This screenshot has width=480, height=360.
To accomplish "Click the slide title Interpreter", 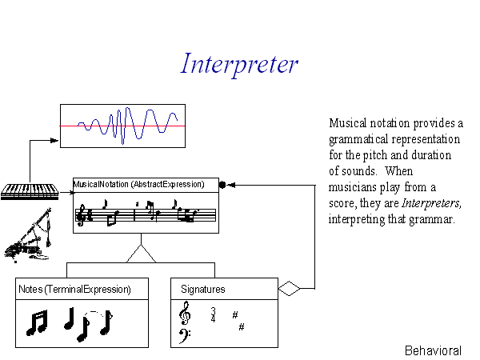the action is coord(239,65).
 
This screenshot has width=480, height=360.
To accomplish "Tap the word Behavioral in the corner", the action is coord(433,351).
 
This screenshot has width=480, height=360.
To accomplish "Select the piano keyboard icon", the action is coord(30,192).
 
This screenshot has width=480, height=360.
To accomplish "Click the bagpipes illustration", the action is coord(28,235).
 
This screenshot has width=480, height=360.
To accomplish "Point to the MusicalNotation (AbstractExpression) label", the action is coord(138,184).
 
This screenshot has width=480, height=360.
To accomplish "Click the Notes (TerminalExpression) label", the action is coord(74,290).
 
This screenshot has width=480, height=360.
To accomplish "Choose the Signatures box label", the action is coord(203,290).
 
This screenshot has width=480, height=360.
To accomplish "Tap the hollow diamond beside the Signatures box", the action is coord(290,288).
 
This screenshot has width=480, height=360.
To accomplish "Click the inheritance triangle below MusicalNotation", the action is coord(141,254).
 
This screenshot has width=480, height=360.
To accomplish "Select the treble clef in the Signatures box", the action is coord(185,313).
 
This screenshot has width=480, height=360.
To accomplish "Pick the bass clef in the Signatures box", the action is coord(184,336).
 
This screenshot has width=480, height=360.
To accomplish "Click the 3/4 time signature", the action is coord(213,315).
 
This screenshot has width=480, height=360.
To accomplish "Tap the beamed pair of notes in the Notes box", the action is coord(37,322).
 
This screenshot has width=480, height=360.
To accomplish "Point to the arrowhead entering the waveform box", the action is coord(54,141).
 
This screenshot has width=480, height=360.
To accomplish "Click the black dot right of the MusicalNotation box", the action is coord(222,185).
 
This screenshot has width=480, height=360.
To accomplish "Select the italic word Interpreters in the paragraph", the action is coord(431,203).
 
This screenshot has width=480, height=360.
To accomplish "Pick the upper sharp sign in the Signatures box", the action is coord(235,314).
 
